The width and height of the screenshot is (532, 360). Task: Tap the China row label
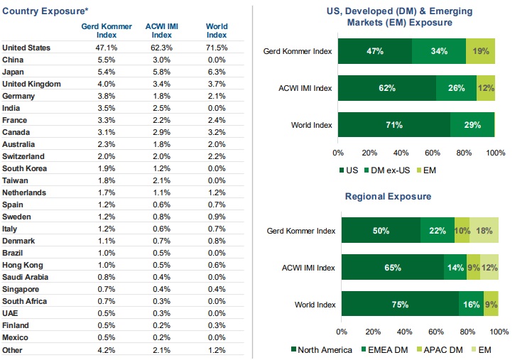coord(13,60)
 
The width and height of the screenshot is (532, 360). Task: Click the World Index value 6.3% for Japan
coord(217,72)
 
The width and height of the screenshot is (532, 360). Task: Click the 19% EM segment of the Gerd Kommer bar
coord(481,51)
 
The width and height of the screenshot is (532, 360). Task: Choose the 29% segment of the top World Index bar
coord(472,125)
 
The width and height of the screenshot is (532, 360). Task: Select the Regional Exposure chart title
coord(388,196)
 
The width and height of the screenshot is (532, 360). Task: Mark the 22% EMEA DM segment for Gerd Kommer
coord(437,231)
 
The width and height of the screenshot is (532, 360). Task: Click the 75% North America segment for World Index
coord(399,305)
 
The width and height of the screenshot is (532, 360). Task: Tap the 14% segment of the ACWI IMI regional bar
coord(455,268)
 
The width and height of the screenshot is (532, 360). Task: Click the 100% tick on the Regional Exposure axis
coord(498,331)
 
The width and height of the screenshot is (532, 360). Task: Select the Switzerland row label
coord(23,156)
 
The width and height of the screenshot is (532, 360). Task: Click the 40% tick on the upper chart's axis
coord(401,152)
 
